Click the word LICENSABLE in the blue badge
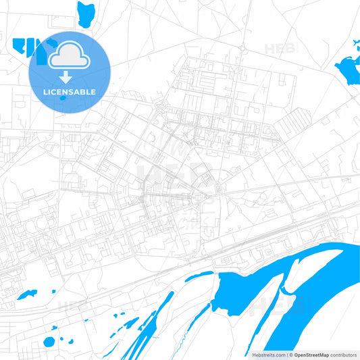pyautogui.click(x=70, y=92)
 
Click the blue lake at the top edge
pyautogui.click(x=86, y=14)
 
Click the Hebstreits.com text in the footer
pyautogui.click(x=269, y=355)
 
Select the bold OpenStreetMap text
pyautogui.click(x=311, y=355)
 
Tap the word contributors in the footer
pyautogui.click(x=343, y=355)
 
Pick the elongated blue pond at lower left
pyautogui.click(x=27, y=294)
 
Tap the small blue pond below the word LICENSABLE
pyautogui.click(x=63, y=99)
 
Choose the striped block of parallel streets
pyautogui.click(x=292, y=124)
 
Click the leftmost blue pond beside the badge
pyautogui.click(x=18, y=45)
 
